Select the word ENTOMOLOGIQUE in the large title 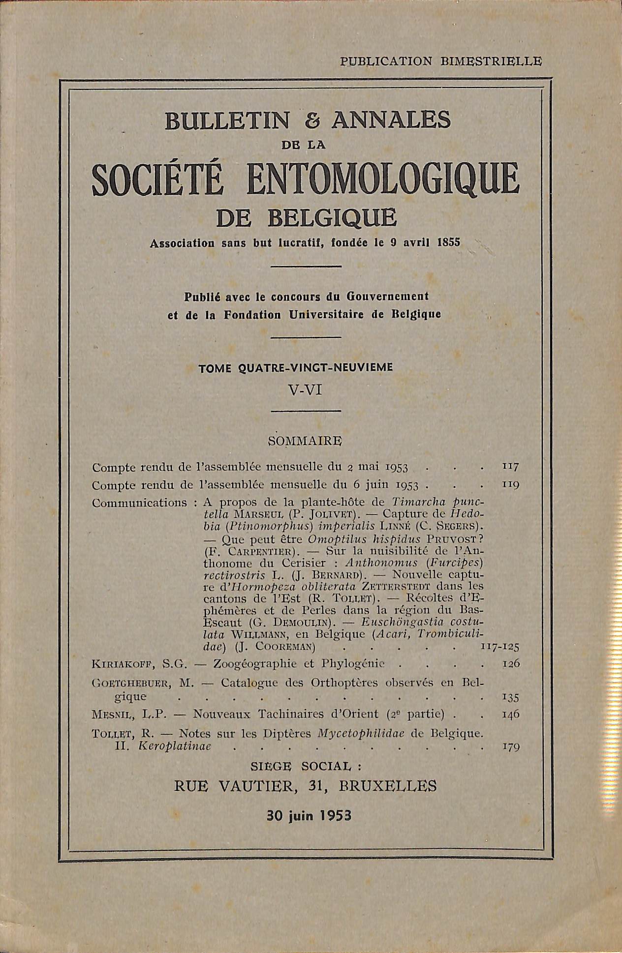(383, 182)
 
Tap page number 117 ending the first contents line (510, 465)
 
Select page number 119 (510, 484)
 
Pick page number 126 (510, 664)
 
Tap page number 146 (510, 715)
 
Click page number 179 (510, 747)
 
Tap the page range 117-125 (500, 646)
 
